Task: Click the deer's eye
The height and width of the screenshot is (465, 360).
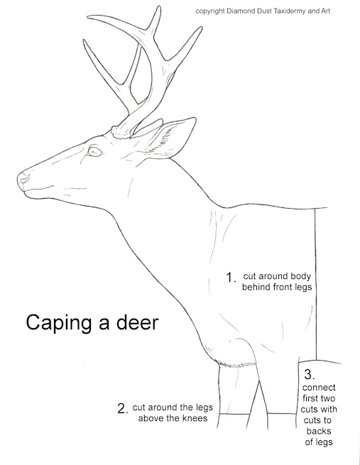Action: pyautogui.click(x=94, y=151)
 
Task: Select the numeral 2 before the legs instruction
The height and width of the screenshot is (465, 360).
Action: pyautogui.click(x=121, y=408)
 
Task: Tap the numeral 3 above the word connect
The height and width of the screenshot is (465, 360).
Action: pyautogui.click(x=310, y=373)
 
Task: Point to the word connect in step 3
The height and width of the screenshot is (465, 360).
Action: pyautogui.click(x=319, y=388)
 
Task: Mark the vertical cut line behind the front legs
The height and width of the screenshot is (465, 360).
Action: pyautogui.click(x=316, y=284)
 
